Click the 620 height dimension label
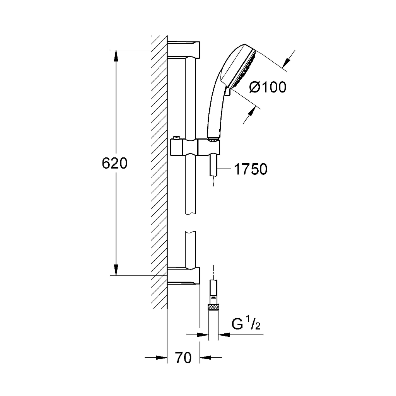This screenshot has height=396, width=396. (x=114, y=164)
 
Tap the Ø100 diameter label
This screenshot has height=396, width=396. (x=268, y=87)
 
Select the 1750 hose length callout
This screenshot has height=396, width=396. (x=251, y=169)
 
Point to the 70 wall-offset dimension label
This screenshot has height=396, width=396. (x=183, y=358)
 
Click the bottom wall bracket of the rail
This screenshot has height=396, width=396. (x=184, y=275)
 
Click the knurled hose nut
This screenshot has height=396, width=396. (x=213, y=307)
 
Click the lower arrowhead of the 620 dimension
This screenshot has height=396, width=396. (x=116, y=270)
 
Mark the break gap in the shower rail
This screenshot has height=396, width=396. (x=190, y=223)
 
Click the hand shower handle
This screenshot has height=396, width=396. (x=215, y=111)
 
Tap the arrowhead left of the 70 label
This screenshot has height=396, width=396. (x=161, y=358)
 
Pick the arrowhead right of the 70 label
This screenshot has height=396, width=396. (x=205, y=358)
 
